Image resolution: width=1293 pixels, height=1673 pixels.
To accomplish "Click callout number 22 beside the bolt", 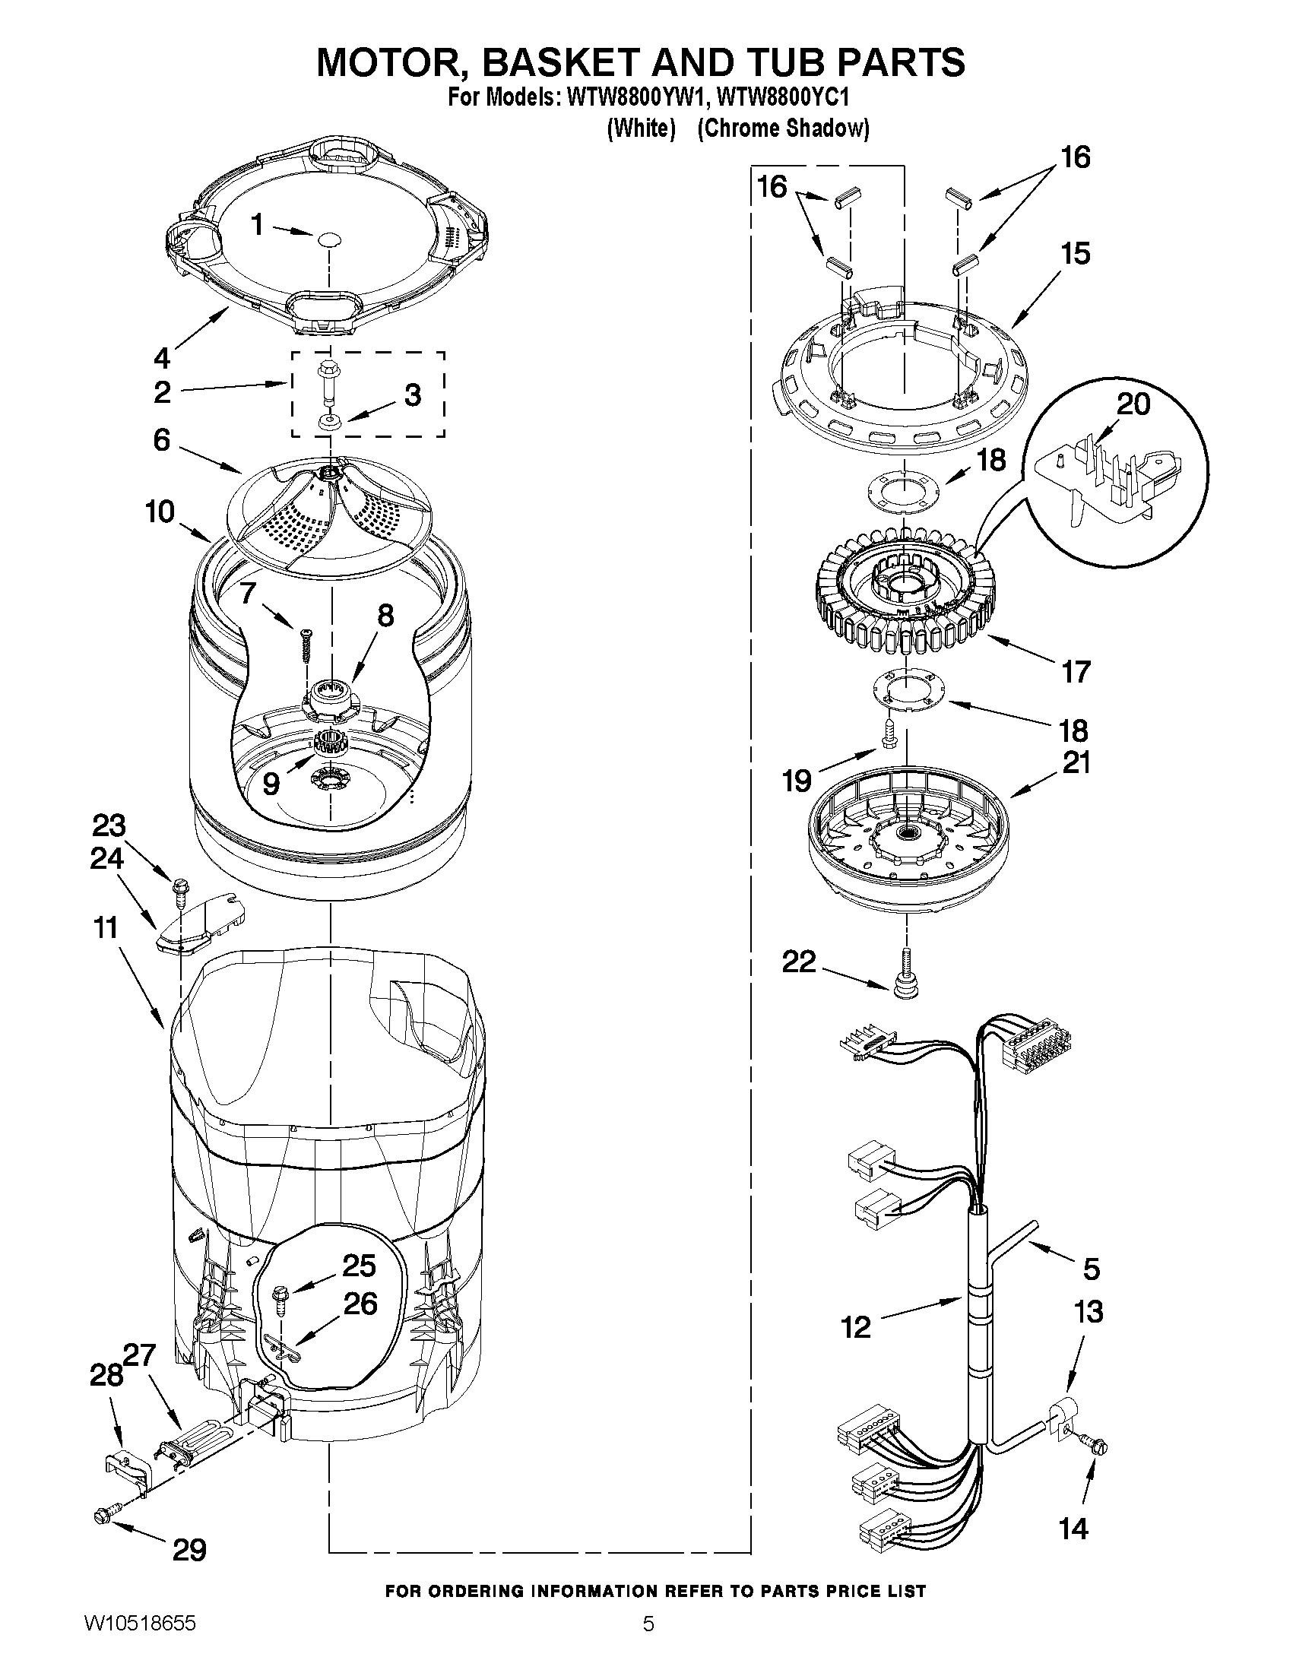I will [x=798, y=962].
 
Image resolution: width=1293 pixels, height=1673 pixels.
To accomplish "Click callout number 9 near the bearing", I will [x=271, y=783].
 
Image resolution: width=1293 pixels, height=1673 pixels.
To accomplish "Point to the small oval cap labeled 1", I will [x=328, y=239].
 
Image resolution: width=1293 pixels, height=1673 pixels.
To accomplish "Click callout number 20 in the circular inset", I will [x=1133, y=404].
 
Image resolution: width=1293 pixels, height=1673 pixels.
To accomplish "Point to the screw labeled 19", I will [x=889, y=734].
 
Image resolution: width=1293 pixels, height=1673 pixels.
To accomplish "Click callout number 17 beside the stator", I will [x=1076, y=672].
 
